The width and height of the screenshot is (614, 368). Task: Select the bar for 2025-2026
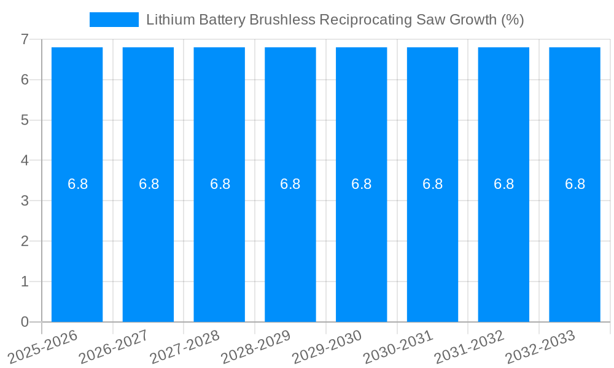(77, 245)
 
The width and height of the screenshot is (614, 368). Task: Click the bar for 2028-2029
(290, 245)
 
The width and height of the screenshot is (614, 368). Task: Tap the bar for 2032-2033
(575, 245)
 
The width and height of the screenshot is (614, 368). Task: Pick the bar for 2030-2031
(432, 245)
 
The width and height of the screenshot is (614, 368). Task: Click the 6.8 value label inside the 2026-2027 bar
(149, 184)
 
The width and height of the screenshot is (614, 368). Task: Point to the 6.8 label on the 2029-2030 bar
(361, 184)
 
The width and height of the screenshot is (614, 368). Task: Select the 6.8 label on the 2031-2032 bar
(503, 184)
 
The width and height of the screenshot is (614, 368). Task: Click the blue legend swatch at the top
(114, 20)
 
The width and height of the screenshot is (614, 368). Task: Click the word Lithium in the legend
(166, 20)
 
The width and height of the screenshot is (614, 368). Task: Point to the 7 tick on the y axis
(25, 39)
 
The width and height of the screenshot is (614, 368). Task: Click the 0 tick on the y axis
(25, 322)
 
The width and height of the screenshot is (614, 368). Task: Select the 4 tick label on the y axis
(25, 160)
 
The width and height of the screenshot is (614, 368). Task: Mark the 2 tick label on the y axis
(25, 241)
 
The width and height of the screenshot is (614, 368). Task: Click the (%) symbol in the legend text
(512, 20)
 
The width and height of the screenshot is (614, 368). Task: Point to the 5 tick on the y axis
(25, 120)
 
